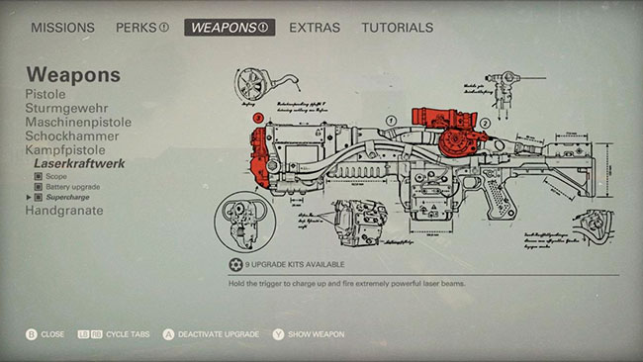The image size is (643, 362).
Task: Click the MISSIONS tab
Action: coord(62,28)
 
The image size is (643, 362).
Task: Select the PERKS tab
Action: coord(141,28)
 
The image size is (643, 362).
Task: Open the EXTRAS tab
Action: coord(315,28)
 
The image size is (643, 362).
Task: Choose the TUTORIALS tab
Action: coord(397,28)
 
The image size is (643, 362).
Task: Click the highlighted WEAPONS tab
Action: coord(229,28)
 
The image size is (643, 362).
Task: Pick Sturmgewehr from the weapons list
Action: coord(67,107)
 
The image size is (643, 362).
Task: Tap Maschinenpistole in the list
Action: coord(79,122)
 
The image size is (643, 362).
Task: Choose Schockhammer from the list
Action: coord(71,136)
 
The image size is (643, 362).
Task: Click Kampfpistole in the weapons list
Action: coord(65,150)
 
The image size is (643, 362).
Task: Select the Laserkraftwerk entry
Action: coord(80,164)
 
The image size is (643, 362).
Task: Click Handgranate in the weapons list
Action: coord(63,211)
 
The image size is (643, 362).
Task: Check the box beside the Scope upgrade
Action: coord(39,176)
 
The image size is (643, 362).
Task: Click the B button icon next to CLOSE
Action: coord(32,334)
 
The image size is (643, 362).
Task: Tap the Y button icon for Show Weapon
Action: coord(279,334)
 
